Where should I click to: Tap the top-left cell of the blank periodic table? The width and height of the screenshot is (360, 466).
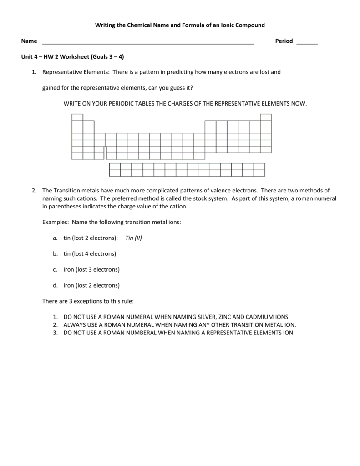click(x=77, y=117)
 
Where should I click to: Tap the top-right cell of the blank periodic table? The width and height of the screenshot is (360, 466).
click(x=266, y=117)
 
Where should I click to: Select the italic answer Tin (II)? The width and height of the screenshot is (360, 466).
click(x=134, y=238)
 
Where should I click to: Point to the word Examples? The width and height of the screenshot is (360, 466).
click(x=56, y=222)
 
